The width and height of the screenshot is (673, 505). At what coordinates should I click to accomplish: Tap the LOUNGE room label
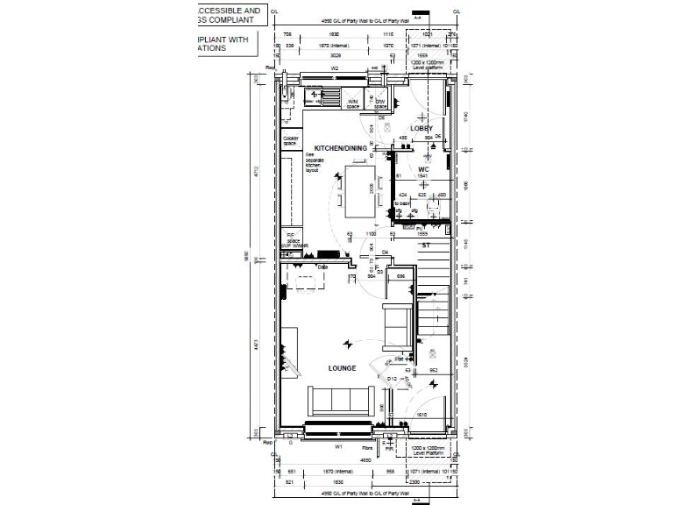point(342,368)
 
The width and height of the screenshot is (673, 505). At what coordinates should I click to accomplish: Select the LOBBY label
point(422,129)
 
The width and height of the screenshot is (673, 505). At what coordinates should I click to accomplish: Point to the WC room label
point(422,169)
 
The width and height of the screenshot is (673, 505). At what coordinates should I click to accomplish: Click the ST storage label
point(425,246)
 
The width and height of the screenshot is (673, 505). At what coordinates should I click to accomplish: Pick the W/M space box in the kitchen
point(352,103)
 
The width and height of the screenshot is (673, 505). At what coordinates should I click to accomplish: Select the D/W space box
point(379,103)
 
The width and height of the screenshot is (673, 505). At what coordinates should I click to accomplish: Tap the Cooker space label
point(291,140)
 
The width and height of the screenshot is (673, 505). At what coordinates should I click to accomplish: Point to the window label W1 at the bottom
point(337,446)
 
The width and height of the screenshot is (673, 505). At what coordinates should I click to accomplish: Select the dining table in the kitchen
point(360,192)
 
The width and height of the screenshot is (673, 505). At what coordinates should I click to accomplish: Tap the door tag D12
point(393,378)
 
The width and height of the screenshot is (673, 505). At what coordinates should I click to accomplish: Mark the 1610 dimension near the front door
point(422,414)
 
